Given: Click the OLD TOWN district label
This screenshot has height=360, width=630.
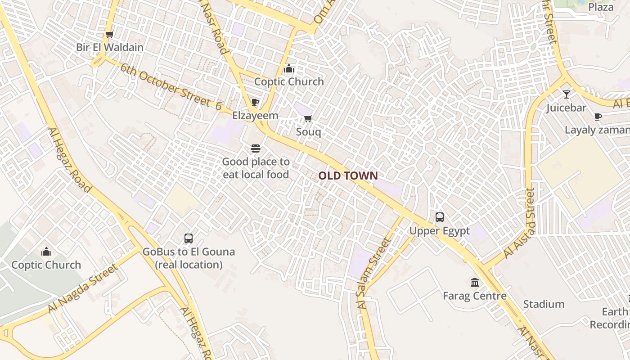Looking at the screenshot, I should [348, 175].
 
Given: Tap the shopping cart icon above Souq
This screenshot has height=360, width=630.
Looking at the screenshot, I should [308, 118].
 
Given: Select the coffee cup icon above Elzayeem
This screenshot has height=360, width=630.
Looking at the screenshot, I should [255, 102].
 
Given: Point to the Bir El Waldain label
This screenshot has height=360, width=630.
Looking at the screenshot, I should [110, 47].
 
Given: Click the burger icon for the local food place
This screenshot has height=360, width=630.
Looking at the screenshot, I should [256, 148].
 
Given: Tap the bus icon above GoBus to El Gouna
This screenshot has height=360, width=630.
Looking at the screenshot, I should [189, 238].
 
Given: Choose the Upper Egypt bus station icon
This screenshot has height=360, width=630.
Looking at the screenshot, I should [440, 217].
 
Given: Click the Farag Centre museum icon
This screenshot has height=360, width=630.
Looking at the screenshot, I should [475, 282].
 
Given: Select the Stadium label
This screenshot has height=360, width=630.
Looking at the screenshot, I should [544, 304].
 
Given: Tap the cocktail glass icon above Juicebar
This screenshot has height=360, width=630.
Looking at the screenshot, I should [566, 94].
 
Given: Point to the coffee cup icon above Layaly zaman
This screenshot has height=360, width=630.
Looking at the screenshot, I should [598, 117].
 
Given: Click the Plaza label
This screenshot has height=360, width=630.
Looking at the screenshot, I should [601, 7].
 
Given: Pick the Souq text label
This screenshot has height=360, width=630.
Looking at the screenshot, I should [309, 132].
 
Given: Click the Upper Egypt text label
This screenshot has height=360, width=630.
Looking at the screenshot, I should [439, 231].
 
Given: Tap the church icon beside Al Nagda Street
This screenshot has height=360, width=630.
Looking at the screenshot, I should [46, 252].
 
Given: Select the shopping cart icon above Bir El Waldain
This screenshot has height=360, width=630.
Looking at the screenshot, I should [109, 34].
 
